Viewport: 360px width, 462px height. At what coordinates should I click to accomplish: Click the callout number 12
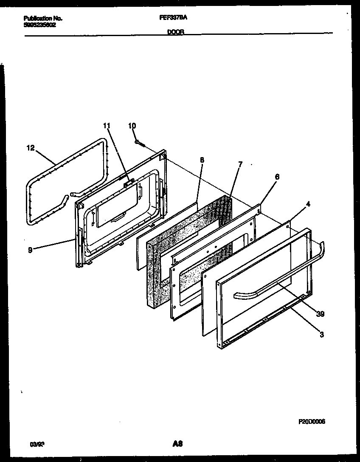click(x=29, y=148)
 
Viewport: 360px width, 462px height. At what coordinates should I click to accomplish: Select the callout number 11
click(x=106, y=126)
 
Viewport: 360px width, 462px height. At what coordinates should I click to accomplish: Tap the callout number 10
click(x=132, y=126)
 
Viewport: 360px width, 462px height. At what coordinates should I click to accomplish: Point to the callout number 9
click(x=29, y=250)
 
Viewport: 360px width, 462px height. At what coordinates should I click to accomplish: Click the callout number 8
click(x=202, y=160)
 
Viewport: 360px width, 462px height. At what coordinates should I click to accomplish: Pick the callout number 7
click(x=240, y=164)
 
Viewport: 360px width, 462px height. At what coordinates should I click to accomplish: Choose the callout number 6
click(x=277, y=177)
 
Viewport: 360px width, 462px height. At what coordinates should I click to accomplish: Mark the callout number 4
click(x=308, y=204)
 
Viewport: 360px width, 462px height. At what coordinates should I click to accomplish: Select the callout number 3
click(x=321, y=335)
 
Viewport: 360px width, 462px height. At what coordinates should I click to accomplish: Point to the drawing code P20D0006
click(x=311, y=421)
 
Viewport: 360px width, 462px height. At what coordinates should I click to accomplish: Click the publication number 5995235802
click(x=39, y=25)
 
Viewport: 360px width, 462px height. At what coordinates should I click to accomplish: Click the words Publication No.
click(x=43, y=18)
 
